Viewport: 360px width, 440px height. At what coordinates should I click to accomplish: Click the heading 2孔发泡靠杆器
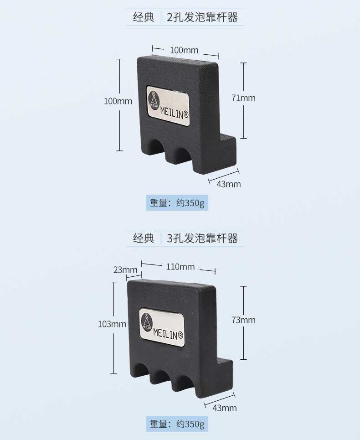tap(202, 18)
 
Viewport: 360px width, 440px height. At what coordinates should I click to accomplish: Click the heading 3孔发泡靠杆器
tap(202, 238)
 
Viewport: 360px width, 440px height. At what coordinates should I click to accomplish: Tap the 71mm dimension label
tap(243, 98)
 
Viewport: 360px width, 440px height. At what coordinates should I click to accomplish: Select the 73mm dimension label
tap(243, 320)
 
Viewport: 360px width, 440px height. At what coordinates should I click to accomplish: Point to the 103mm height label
tap(112, 324)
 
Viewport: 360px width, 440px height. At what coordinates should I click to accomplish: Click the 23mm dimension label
tap(125, 269)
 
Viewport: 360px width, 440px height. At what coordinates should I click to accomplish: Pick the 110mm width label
tap(180, 267)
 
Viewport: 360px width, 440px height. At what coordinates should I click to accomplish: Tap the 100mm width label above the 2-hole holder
tap(184, 50)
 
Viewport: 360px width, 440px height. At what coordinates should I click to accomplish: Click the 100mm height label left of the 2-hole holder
tap(118, 101)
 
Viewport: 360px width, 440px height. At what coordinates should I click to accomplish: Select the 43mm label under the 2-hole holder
tap(229, 184)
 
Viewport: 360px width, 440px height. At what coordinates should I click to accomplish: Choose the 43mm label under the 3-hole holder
tap(225, 408)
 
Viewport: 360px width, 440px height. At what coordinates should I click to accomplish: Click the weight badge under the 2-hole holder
tap(177, 203)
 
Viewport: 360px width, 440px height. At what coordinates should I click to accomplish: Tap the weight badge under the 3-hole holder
tap(177, 424)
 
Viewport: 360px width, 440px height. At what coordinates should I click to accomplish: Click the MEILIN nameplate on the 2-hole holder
tap(168, 104)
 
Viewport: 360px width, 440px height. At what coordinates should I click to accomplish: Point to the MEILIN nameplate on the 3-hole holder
tap(162, 327)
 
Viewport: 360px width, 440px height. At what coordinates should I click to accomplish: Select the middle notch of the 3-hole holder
tap(160, 377)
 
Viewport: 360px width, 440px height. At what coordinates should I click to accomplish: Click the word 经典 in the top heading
tap(144, 18)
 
